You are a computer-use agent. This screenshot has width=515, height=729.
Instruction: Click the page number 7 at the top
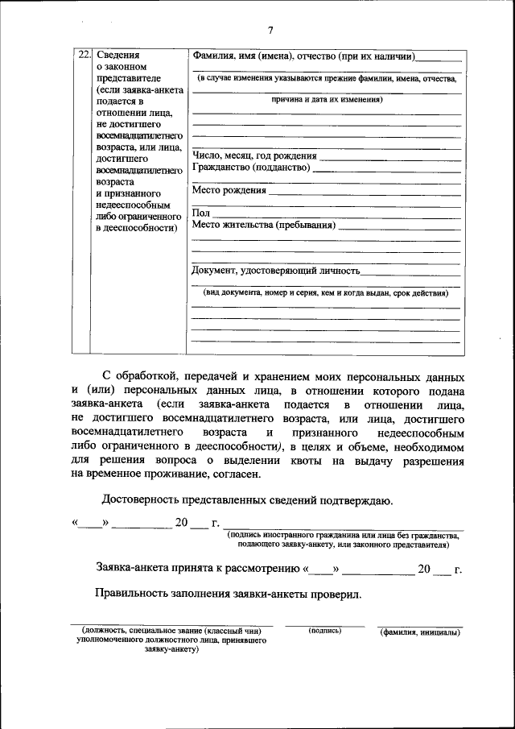tap(270, 31)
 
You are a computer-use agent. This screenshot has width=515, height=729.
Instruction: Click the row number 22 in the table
tap(81, 56)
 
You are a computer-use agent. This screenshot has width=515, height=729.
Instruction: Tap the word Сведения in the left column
tap(117, 56)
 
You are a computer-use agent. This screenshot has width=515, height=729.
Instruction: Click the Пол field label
tap(200, 213)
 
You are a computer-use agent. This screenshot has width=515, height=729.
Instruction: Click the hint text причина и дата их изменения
tap(326, 100)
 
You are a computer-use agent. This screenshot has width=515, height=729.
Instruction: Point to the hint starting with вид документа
tap(325, 294)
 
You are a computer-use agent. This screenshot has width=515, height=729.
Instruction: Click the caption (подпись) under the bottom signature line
tap(325, 631)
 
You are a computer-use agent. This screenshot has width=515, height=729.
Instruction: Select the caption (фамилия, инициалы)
tap(420, 632)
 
